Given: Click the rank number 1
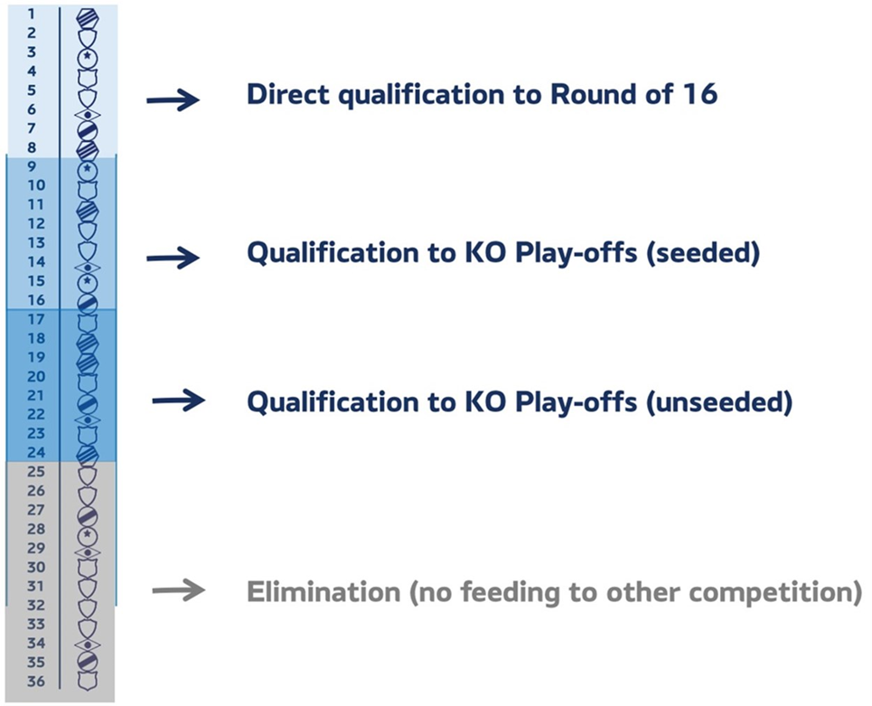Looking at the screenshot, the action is coord(31,14).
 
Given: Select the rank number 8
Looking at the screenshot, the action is coord(32,147).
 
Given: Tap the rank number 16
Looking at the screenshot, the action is coord(36,300).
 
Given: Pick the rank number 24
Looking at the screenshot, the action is coord(36,452).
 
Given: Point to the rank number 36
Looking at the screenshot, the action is coord(36,681).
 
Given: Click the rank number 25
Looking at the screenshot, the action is coord(36,471).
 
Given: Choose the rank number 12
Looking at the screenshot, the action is coord(36,223).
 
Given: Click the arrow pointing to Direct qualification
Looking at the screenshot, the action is coord(173,100).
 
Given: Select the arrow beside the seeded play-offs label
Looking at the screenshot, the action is coord(173,258).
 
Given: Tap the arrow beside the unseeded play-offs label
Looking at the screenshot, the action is coord(179,400).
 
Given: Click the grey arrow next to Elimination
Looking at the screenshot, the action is coord(179,589).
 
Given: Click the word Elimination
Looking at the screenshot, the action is coord(323,591).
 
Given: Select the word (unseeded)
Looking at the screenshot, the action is coord(719,401).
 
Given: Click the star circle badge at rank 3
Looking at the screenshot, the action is coord(88,57).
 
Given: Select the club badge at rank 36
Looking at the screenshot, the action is coord(88,681).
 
